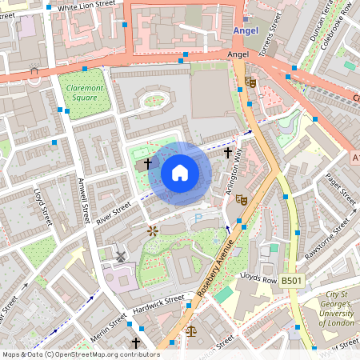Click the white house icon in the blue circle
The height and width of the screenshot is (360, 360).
[x=180, y=172]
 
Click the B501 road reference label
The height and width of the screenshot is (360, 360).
[x=292, y=280]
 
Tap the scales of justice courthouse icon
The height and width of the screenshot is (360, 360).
[x=190, y=330]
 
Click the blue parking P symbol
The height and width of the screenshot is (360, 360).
[x=198, y=218]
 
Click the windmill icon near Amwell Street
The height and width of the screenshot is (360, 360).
[x=119, y=258]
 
